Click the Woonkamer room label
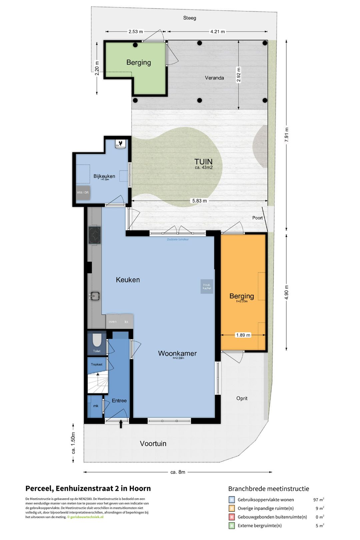click(x=177, y=353)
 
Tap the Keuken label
click(x=128, y=280)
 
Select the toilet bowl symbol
click(x=97, y=340)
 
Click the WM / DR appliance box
click(x=83, y=193)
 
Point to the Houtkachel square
click(x=207, y=286)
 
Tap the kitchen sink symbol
click(x=95, y=296)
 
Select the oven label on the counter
click(x=113, y=322)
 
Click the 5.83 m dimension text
click(x=199, y=201)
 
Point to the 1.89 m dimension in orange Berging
click(x=243, y=335)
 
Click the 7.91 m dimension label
click(x=287, y=135)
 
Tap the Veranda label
click(x=214, y=78)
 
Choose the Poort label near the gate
click(x=257, y=218)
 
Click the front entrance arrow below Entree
click(x=121, y=424)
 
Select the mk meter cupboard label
click(x=96, y=406)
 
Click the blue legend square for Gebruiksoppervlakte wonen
click(x=232, y=500)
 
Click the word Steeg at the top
click(x=189, y=18)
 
